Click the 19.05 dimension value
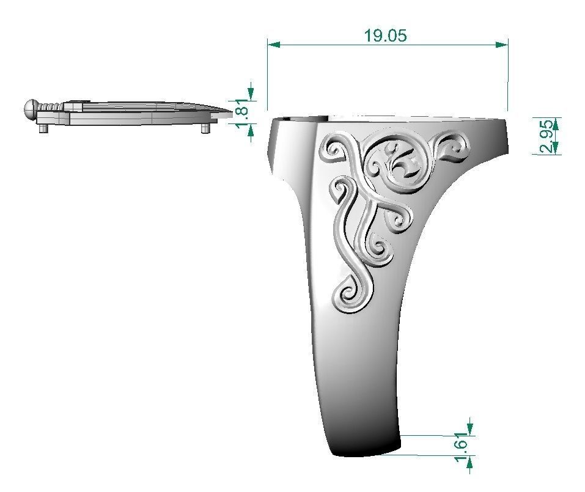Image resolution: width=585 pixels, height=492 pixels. (385, 35)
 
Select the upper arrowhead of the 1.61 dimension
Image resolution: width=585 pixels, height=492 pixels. (469, 428)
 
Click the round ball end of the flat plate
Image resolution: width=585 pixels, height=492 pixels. (31, 109)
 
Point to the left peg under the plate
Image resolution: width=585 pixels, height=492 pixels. (43, 128)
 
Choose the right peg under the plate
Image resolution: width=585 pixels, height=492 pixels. (205, 128)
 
